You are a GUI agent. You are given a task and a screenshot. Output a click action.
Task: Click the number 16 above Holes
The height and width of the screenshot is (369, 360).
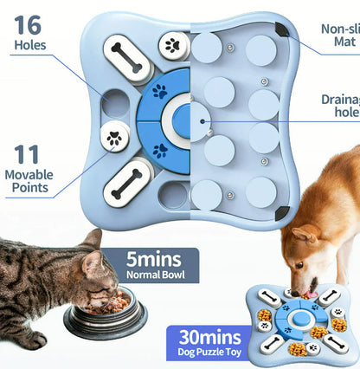point(28,23)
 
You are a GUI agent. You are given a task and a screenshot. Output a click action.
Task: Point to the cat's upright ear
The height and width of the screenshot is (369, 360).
point(91,241)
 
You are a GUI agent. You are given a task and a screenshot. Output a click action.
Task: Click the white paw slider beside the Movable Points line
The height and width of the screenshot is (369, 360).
point(115,136)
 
